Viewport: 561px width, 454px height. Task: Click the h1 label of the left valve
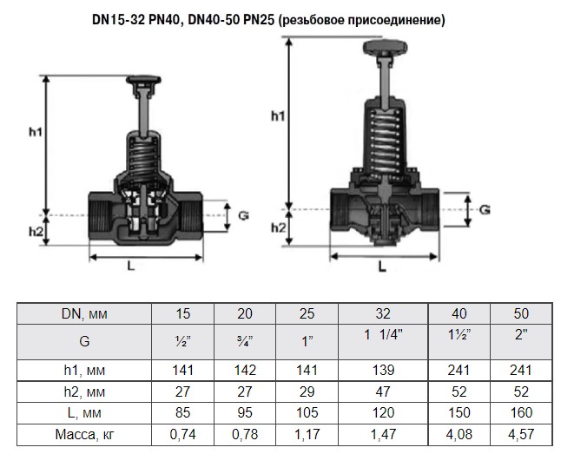pos(36,132)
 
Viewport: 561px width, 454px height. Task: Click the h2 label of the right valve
pos(279,227)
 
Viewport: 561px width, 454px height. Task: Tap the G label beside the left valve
pos(243,216)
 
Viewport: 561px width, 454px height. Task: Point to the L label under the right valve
pos(382,266)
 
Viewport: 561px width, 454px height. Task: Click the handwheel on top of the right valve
pos(386,47)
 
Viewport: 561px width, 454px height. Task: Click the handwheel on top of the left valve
pos(143,80)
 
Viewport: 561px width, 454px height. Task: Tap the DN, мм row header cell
pos(84,313)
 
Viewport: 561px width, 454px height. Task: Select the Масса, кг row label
pos(84,434)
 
